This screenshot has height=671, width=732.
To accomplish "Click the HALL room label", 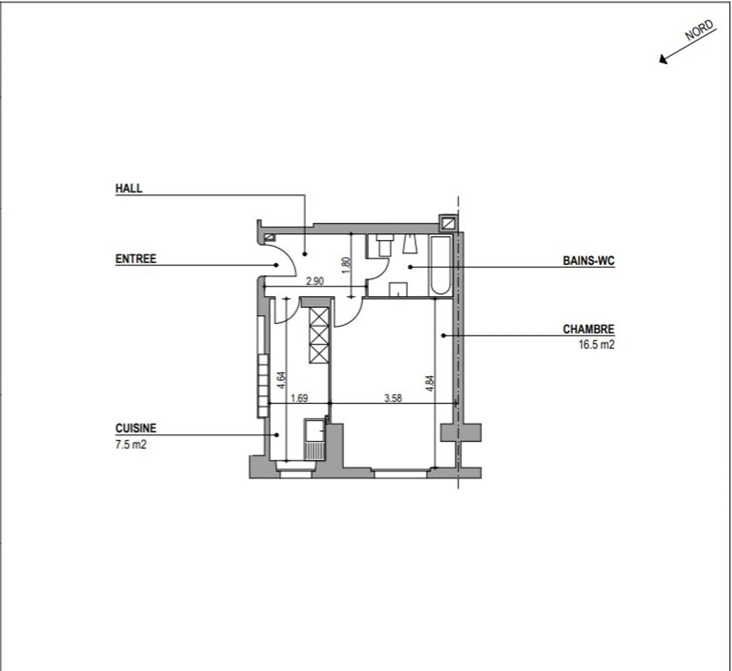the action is tap(129, 189).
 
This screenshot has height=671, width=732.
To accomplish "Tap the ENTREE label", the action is tap(136, 259).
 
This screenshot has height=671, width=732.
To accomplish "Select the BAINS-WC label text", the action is tap(589, 261).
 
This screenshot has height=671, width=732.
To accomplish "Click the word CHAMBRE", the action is tap(589, 329).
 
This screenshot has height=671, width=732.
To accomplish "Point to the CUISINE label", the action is tap(136, 428).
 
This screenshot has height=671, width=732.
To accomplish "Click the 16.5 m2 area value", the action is tap(597, 344).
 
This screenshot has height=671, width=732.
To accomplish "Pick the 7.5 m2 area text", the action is tap(131, 444).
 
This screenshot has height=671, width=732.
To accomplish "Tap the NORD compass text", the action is tap(699, 30).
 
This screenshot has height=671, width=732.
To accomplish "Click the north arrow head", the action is tap(663, 59).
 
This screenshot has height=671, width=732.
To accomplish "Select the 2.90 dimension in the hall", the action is tap(315, 281).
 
